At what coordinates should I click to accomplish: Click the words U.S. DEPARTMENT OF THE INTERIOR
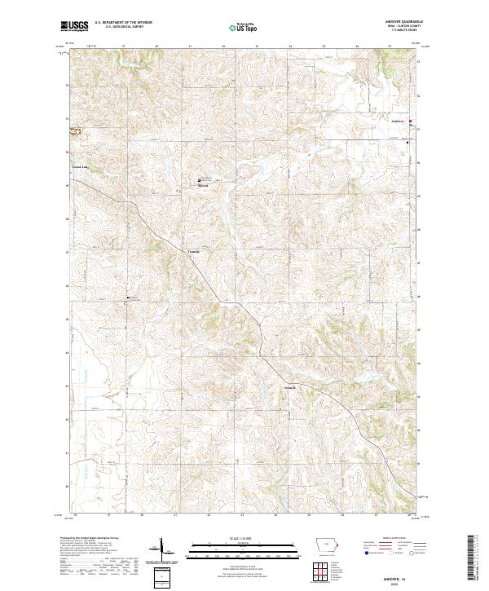point(123,23)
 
